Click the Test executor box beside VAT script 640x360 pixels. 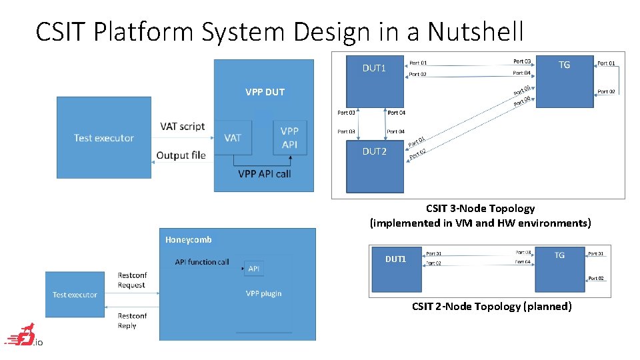104,137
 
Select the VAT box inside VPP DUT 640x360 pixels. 233,137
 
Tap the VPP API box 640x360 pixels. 290,137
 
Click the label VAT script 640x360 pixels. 183,127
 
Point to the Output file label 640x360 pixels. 181,155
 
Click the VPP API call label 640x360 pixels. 265,174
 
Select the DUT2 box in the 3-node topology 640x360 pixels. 375,160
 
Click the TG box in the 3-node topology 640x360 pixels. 564,80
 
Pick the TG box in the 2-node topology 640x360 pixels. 559,270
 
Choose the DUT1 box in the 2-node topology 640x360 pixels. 396,270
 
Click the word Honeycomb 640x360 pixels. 189,239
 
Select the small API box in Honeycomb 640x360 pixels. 254,269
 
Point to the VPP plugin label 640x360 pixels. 263,293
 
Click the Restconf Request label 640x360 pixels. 131,280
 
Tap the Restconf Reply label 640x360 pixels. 131,321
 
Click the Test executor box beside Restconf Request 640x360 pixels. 75,294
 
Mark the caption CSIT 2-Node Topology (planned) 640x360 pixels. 491,306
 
